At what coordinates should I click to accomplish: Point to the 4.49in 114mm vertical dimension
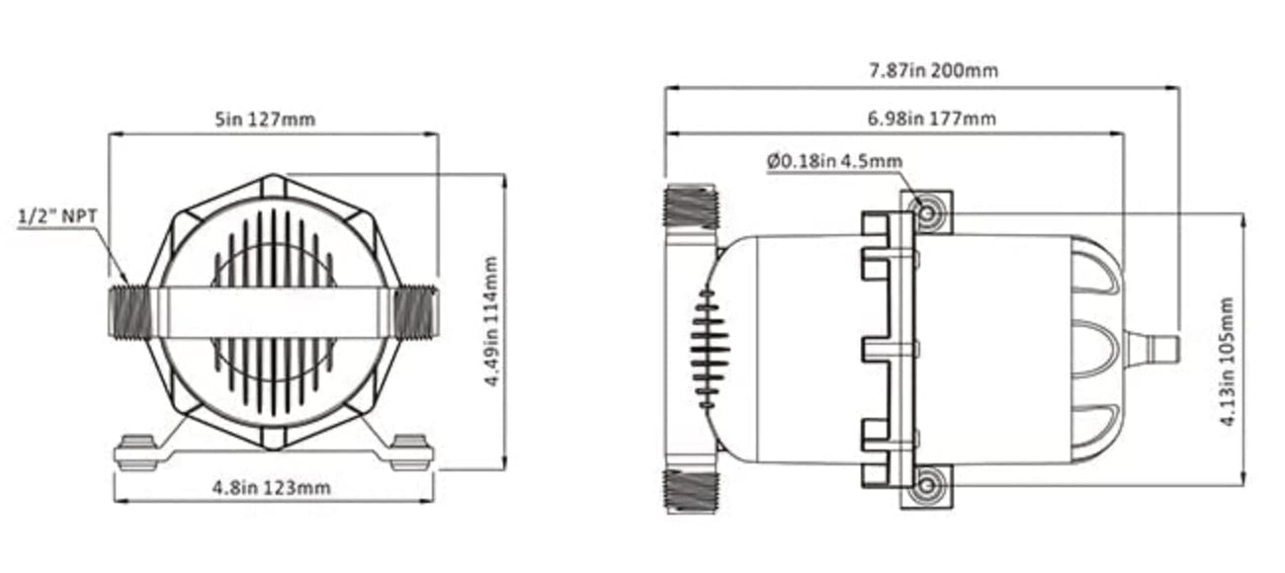coord(491,321)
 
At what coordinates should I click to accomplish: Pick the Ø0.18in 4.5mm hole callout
coord(834,161)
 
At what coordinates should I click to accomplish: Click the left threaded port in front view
coord(129,312)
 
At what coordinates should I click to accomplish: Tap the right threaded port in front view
coord(414,312)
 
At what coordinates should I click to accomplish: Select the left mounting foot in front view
coord(136,452)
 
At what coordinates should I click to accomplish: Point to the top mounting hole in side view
coord(926,212)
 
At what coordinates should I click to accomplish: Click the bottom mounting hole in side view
coord(926,485)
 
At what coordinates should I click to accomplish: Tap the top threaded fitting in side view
coord(690,207)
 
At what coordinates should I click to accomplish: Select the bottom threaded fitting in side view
coord(690,490)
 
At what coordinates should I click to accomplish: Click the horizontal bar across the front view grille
coord(272,312)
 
